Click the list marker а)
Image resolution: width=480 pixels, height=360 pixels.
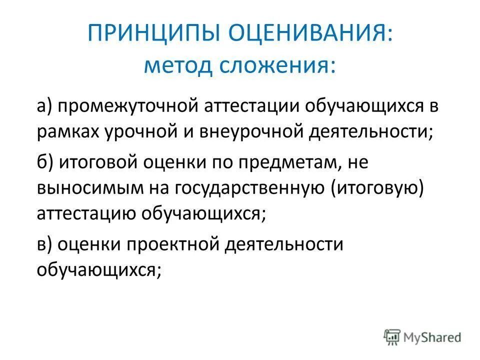tap(45, 106)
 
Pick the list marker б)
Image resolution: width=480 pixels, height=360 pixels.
tap(45, 161)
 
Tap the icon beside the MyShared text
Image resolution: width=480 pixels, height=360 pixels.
tap(392, 337)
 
